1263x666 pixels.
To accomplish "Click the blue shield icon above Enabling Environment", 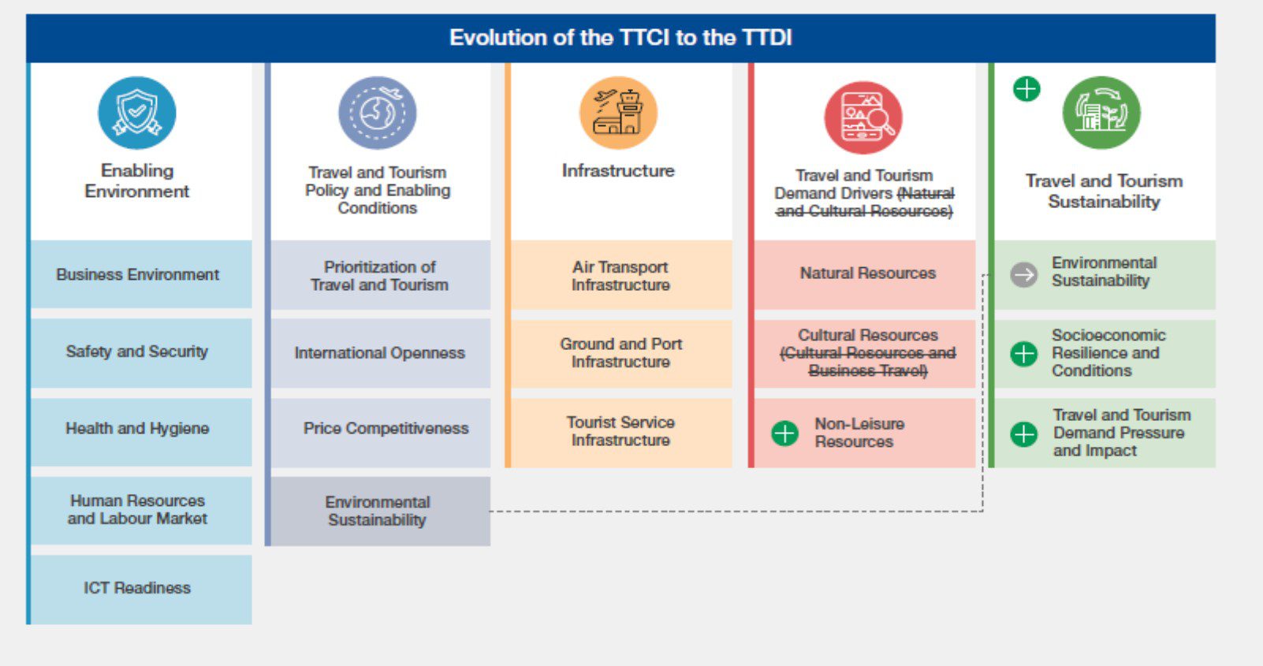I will pos(137,113).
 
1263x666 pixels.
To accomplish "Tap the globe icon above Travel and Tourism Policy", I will pos(378,113).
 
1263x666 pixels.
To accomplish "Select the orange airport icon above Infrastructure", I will pos(618,113).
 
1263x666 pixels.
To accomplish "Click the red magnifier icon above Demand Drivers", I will pos(863,117).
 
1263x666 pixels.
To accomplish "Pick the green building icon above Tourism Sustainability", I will pos(1101,113).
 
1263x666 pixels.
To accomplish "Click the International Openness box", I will pos(380,353).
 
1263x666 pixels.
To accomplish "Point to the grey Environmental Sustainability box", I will pos(378,511).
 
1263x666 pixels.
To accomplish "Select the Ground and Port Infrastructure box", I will pos(621,353).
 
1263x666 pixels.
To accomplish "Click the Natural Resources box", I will pos(867,273).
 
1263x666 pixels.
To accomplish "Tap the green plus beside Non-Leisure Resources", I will pos(784,433).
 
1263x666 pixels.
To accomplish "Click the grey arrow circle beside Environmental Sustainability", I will pos(1024,275).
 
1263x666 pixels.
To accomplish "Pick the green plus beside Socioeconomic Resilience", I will pos(1024,354).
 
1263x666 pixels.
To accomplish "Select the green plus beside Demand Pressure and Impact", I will pos(1024,433).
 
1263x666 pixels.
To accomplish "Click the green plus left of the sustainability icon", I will pos(1026,89).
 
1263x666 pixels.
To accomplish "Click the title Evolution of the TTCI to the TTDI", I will pos(620,38).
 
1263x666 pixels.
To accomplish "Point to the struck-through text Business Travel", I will pos(867,371).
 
